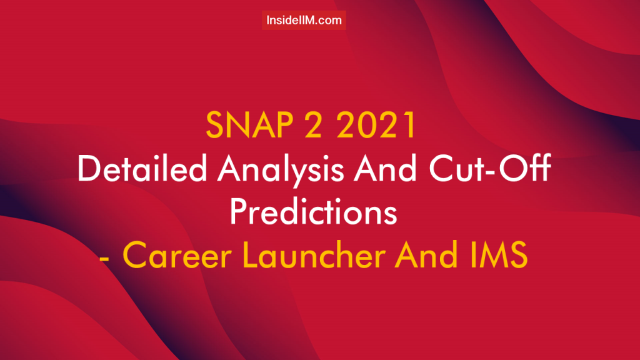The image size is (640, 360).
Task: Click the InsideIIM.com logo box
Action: pos(304,20)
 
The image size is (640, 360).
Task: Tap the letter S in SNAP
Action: pos(215,126)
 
